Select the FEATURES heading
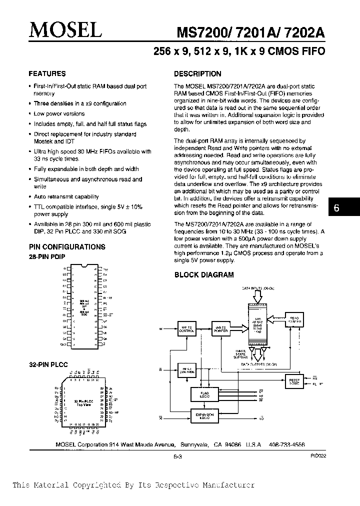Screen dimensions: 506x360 [x=47, y=73]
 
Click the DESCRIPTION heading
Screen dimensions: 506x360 [x=197, y=73]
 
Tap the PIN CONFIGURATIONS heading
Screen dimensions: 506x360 [x=66, y=247]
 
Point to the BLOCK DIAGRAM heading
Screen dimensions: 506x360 [x=203, y=274]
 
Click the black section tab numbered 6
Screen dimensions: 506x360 [x=336, y=208]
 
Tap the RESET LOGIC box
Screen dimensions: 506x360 [x=293, y=381]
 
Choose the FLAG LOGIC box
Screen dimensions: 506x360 [x=205, y=395]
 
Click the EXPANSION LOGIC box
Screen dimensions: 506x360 [x=205, y=416]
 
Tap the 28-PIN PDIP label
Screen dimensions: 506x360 [x=46, y=256]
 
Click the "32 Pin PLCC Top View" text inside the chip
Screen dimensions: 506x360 [x=82, y=403]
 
